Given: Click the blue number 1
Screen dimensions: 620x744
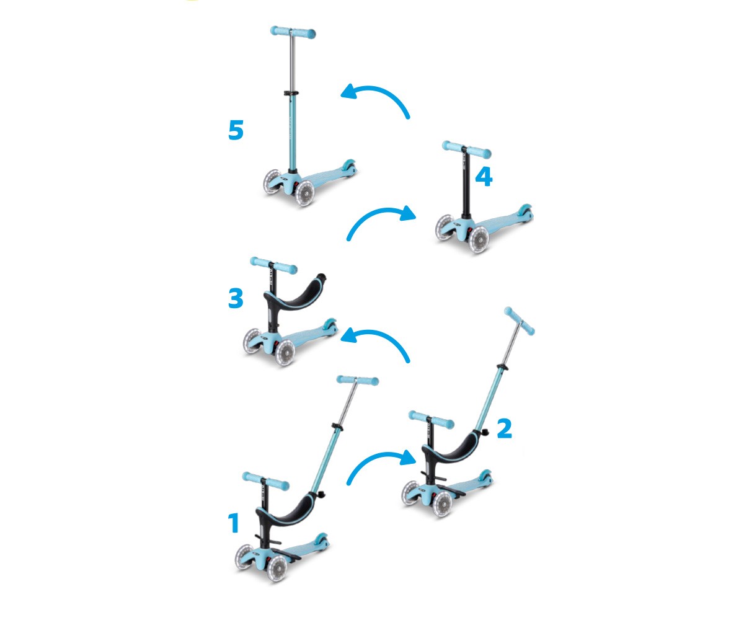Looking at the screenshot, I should click(233, 523).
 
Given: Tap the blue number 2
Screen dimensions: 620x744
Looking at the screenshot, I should click(504, 428).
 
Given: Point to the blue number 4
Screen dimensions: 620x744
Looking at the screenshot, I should click(484, 177).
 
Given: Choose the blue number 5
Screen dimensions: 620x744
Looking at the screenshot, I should click(236, 130).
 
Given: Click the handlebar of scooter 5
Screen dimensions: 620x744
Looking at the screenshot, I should click(293, 32).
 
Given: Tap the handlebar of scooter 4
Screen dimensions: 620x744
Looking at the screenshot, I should click(466, 149).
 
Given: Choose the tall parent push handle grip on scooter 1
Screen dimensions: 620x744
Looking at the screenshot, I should click(357, 379).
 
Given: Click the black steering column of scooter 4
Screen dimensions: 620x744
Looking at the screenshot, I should click(466, 186).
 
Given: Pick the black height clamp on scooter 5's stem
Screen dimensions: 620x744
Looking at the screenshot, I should click(288, 93).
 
